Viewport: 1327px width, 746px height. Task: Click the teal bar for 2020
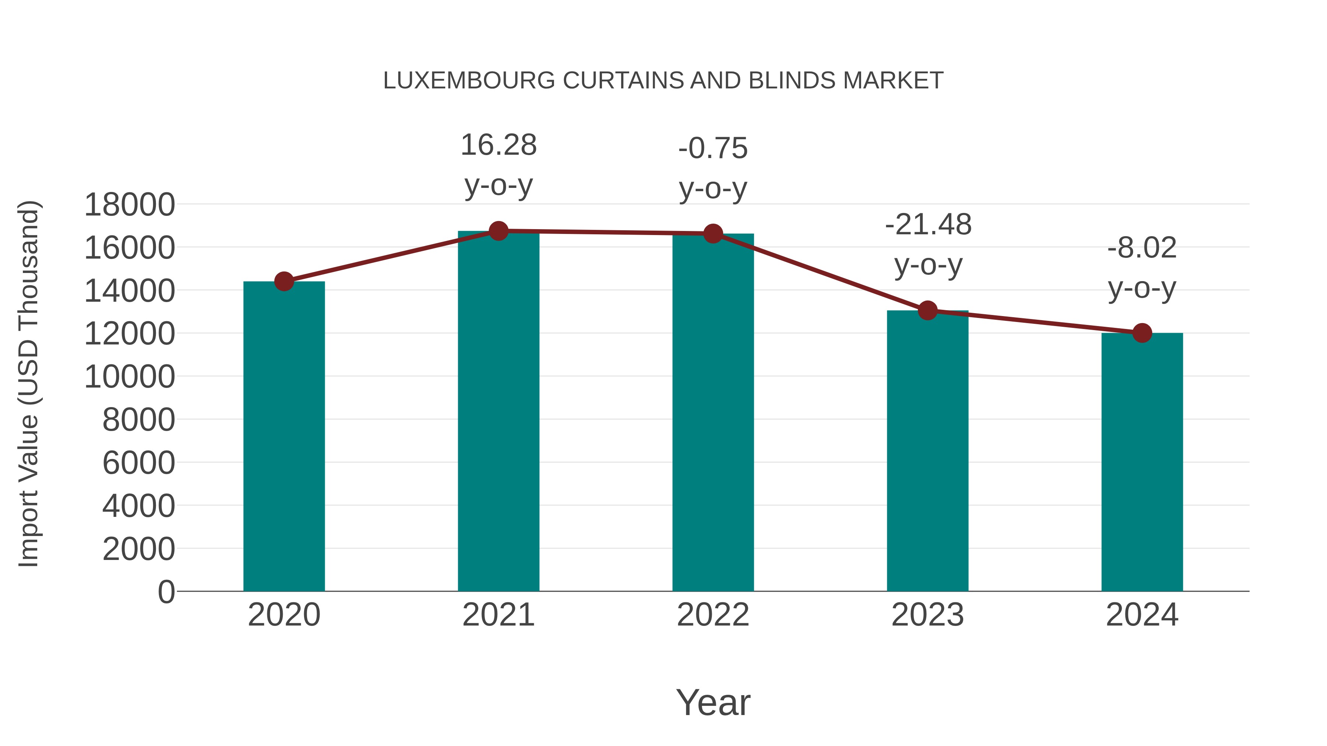284,438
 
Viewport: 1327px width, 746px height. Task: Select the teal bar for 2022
713,412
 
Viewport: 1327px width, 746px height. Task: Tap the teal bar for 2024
1142,463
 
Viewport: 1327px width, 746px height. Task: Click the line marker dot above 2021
498,231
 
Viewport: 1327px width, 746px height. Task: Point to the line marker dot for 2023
927,311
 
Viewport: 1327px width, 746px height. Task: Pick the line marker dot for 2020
284,281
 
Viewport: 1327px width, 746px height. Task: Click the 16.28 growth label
498,145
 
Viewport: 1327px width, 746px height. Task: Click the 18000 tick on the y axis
129,204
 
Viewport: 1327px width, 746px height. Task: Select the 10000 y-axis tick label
129,376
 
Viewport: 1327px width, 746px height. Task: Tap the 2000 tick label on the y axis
139,549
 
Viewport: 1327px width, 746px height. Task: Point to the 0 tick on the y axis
166,592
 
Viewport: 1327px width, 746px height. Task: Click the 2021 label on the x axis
498,615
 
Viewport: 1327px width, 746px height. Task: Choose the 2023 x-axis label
927,615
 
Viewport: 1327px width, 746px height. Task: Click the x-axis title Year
713,702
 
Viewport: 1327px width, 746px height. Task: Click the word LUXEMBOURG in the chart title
469,81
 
